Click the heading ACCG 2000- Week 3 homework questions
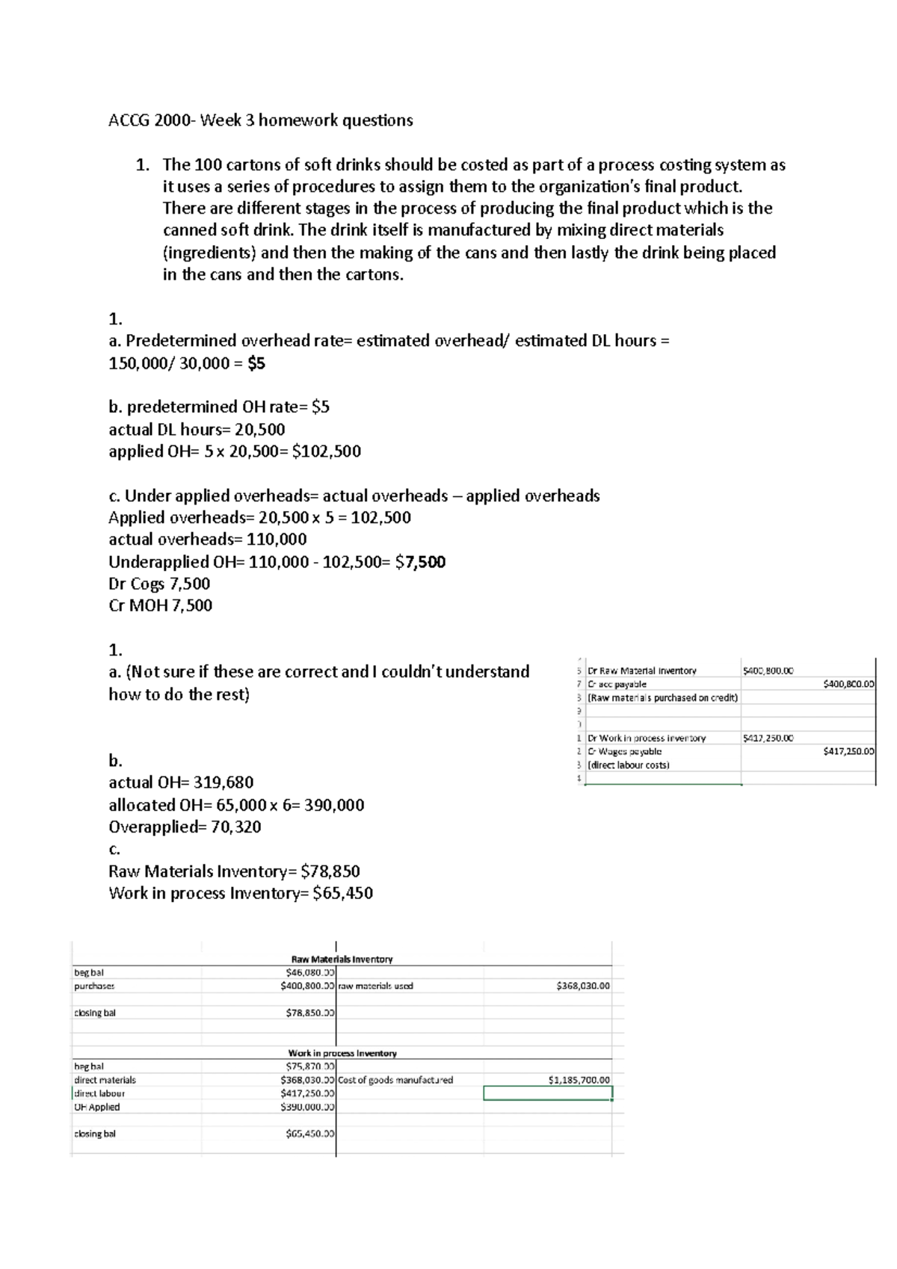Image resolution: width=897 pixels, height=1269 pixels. click(260, 120)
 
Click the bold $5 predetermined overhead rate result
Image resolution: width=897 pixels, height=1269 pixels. click(256, 363)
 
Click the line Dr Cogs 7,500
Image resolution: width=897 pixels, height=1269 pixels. click(159, 584)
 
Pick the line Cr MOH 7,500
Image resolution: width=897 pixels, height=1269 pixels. click(160, 605)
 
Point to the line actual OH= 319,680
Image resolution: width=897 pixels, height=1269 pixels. click(181, 782)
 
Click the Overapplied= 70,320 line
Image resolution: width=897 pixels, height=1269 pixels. click(185, 827)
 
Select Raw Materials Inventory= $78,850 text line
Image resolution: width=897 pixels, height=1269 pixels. click(234, 871)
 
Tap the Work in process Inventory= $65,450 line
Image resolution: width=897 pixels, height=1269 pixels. click(241, 893)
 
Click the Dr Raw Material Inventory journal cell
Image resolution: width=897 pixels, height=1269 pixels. click(642, 670)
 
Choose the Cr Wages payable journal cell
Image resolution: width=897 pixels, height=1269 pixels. click(624, 751)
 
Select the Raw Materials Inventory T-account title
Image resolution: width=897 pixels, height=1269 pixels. click(342, 959)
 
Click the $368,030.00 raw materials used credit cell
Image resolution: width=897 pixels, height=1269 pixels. click(583, 986)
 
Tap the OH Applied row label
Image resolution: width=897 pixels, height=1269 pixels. click(96, 1107)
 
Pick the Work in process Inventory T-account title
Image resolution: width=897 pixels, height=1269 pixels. click(342, 1053)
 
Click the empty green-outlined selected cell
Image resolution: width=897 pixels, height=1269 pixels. click(547, 1093)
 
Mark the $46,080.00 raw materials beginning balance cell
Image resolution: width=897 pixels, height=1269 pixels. click(310, 972)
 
